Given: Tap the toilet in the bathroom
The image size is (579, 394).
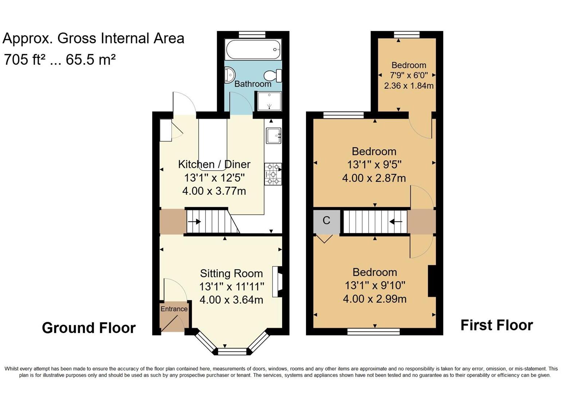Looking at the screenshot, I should (x=273, y=76).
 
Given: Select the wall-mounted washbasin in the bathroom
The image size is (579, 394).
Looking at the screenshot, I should (x=229, y=74).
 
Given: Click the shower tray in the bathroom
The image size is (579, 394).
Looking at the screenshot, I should (x=269, y=101).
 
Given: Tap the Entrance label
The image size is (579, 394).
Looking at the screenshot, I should (x=174, y=309).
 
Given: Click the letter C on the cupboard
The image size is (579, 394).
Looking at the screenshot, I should (x=326, y=220).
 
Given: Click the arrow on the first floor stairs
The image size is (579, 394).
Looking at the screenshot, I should (x=396, y=221).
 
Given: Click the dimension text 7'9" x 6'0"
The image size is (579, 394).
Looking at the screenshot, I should (x=409, y=76).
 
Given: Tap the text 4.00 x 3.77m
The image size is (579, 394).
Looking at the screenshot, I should (x=214, y=191).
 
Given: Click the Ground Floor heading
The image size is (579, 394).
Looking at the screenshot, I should (x=89, y=328).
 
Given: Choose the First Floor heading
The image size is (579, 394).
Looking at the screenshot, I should (x=497, y=325).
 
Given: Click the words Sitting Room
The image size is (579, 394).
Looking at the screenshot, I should (x=231, y=274).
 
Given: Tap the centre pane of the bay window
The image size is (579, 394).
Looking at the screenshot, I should (x=232, y=351).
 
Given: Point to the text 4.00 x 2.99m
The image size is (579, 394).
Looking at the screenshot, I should (x=375, y=299).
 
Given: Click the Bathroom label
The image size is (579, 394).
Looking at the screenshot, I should (x=253, y=84).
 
